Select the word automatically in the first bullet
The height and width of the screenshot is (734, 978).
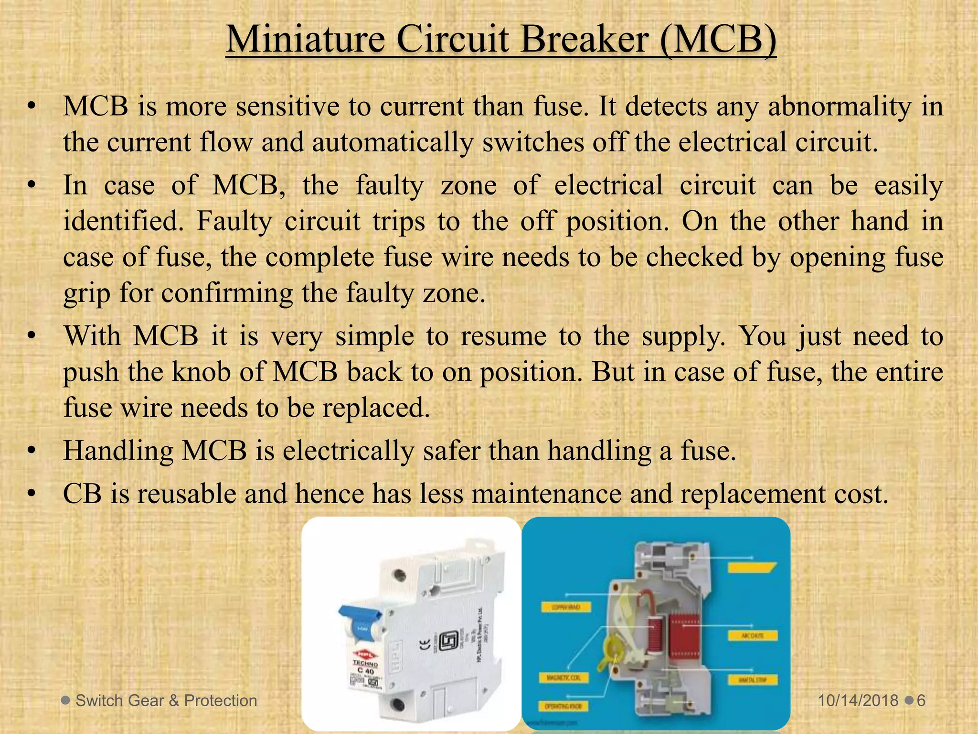[393, 142]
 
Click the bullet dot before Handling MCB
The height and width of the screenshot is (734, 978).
[32, 451]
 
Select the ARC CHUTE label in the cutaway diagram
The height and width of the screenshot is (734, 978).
[753, 636]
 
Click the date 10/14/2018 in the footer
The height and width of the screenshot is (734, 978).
[858, 701]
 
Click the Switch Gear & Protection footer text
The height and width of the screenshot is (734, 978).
[166, 701]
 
